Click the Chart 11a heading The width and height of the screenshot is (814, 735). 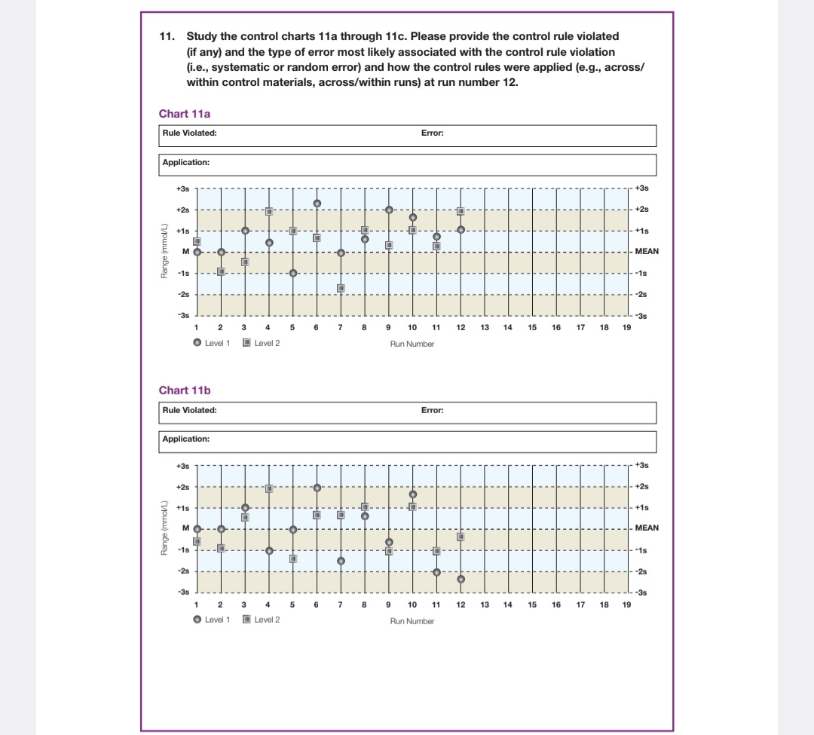pyautogui.click(x=185, y=114)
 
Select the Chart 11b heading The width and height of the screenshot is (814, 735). pyautogui.click(x=185, y=390)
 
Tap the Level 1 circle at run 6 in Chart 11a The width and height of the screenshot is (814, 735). pyautogui.click(x=317, y=204)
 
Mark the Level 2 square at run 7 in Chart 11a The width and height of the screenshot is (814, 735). pyautogui.click(x=341, y=288)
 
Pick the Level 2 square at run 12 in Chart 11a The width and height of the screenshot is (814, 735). pyautogui.click(x=461, y=212)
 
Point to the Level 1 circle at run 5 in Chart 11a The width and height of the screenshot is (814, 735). pyautogui.click(x=293, y=273)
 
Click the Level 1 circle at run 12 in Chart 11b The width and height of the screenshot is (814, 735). pyautogui.click(x=461, y=579)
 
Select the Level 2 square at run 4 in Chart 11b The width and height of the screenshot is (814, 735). pyautogui.click(x=269, y=488)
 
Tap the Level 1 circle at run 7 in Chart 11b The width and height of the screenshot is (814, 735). pyautogui.click(x=341, y=561)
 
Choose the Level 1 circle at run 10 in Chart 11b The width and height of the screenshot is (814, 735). pyautogui.click(x=412, y=495)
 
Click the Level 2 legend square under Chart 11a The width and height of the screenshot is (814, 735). pyautogui.click(x=247, y=343)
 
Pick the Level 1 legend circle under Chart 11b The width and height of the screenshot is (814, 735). pyautogui.click(x=197, y=620)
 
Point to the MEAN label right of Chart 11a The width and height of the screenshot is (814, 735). pyautogui.click(x=647, y=251)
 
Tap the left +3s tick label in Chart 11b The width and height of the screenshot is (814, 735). pyautogui.click(x=182, y=466)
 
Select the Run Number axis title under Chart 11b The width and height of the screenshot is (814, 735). pyautogui.click(x=412, y=621)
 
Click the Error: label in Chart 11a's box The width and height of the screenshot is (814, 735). pyautogui.click(x=432, y=133)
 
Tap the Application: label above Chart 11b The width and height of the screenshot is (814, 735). pyautogui.click(x=186, y=439)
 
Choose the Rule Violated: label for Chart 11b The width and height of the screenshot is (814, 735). pyautogui.click(x=190, y=411)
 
